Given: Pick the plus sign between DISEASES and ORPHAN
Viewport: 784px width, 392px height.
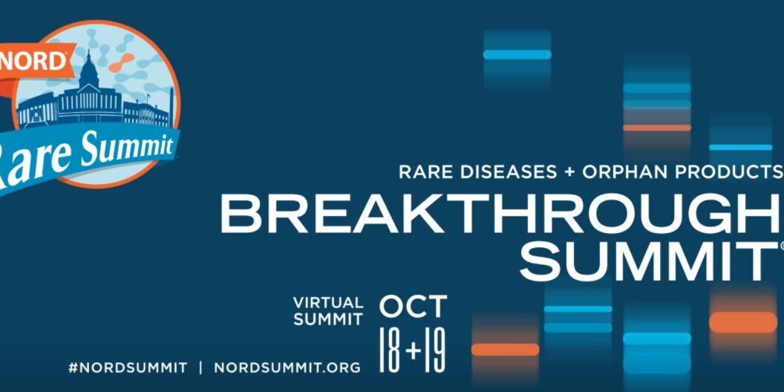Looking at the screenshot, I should pos(569,172).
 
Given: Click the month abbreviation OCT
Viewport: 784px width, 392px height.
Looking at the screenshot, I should pos(414,306).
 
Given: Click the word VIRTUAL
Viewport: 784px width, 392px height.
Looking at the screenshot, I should pos(328,303).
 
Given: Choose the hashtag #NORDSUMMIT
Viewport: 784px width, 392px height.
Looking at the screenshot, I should pos(127,367).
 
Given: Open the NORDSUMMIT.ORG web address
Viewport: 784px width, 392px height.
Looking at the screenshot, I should pos(287,367).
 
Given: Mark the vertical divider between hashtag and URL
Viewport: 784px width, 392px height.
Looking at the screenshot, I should pos(200,367).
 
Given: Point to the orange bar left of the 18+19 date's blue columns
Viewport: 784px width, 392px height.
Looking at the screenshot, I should pos(506,349).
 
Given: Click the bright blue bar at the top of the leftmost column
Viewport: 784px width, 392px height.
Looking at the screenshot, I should pos(517,54).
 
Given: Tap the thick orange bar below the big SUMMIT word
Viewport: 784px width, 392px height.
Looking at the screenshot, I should pos(743,321).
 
